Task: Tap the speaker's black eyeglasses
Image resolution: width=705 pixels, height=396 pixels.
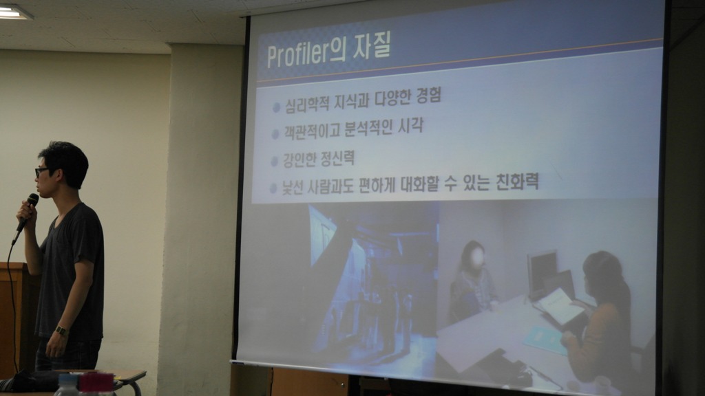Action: click(x=42, y=171)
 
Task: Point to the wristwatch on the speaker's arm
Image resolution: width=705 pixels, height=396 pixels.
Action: click(x=62, y=331)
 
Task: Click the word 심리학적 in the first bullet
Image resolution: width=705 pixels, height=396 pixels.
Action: click(x=306, y=104)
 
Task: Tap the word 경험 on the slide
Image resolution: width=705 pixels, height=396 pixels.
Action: click(x=428, y=95)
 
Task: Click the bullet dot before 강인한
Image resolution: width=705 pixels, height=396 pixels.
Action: click(x=274, y=162)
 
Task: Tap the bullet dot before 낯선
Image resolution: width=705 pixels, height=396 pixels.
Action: click(x=273, y=188)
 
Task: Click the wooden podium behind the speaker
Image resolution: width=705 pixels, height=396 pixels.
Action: click(x=15, y=314)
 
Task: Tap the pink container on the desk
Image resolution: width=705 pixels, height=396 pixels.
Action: click(x=96, y=383)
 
